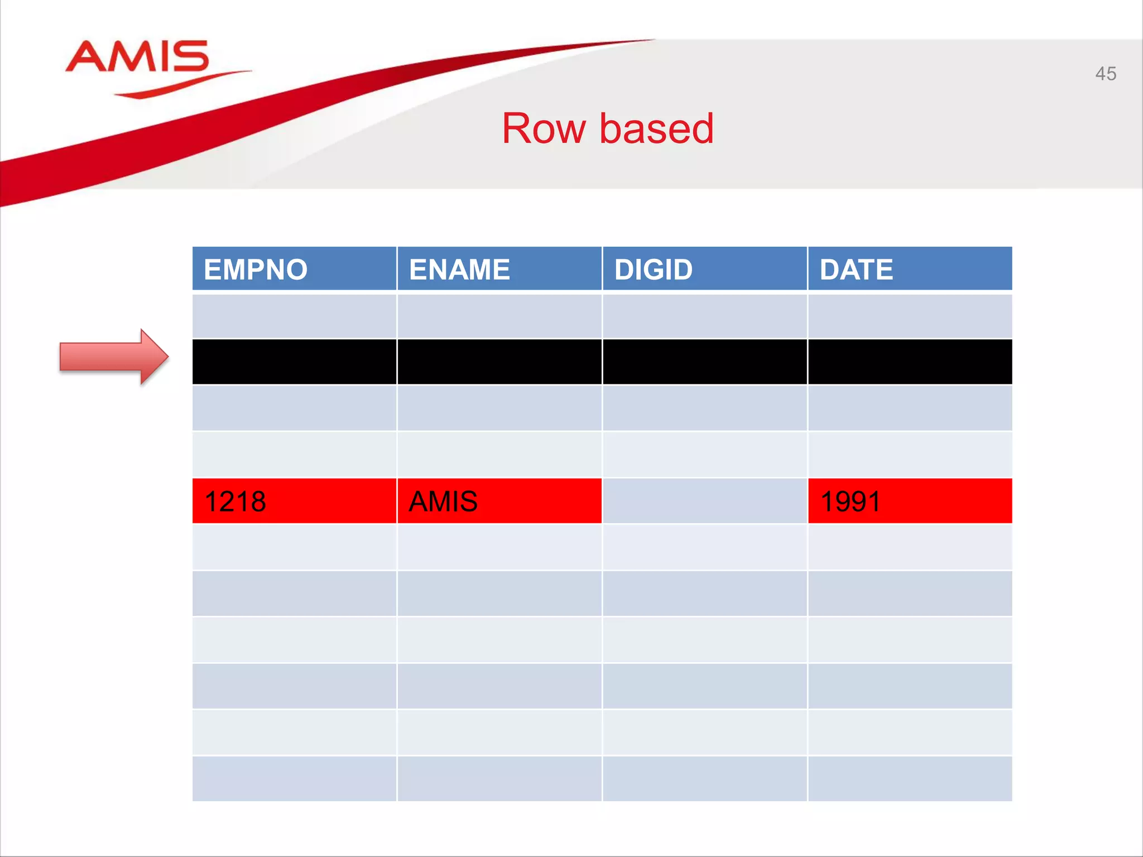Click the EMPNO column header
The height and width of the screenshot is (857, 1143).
(x=294, y=269)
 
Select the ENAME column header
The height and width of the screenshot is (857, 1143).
(x=499, y=269)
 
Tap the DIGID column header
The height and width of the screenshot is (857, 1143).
(x=704, y=269)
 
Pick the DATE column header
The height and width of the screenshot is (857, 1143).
(x=910, y=269)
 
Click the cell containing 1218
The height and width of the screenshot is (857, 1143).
(x=294, y=501)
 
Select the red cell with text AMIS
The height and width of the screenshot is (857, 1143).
(x=499, y=501)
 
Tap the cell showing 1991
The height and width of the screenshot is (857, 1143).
(x=910, y=501)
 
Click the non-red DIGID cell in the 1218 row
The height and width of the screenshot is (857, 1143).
(x=704, y=501)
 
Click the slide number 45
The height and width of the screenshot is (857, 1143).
(x=1105, y=74)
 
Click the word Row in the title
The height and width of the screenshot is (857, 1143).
(x=544, y=129)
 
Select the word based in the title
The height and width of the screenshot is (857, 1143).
(x=656, y=129)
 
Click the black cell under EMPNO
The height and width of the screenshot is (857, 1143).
(x=294, y=362)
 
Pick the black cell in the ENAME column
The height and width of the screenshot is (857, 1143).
(x=499, y=362)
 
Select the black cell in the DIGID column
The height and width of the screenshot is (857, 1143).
(x=704, y=362)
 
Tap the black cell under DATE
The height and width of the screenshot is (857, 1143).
(x=910, y=362)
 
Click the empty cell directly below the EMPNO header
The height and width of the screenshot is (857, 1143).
(x=294, y=316)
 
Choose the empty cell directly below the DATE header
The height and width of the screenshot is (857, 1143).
(x=910, y=316)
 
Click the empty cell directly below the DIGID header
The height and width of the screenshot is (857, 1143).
(x=704, y=316)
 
